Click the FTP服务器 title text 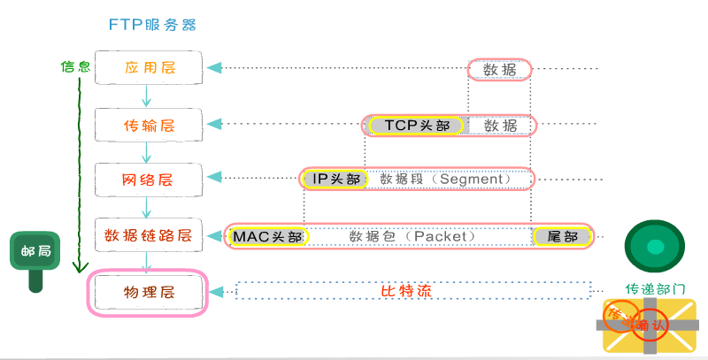152,24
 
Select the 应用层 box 150,68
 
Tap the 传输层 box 150,125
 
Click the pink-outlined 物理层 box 148,291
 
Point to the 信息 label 75,66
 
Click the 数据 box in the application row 499,69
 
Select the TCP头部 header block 417,125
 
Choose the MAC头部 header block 267,236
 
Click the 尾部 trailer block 561,236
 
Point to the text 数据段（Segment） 446,180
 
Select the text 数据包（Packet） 412,236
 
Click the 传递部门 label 655,288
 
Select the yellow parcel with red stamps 649,326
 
